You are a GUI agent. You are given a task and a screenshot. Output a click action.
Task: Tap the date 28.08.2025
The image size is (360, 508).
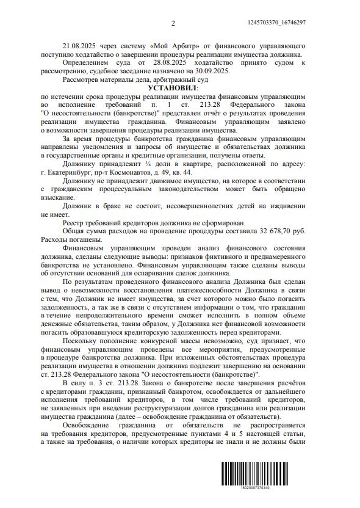click(x=165, y=63)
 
